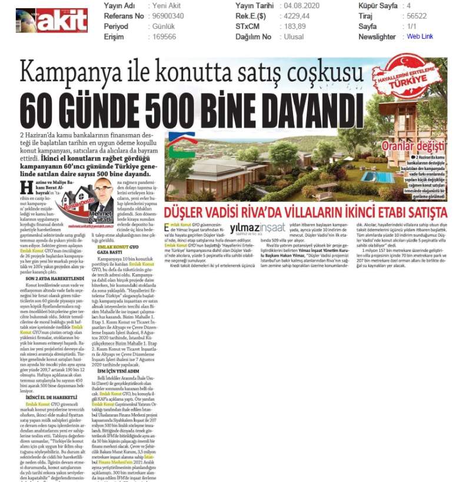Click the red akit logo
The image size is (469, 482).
point(52,21)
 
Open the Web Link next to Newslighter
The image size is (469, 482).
point(420,36)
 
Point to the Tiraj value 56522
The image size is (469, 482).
point(416,16)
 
